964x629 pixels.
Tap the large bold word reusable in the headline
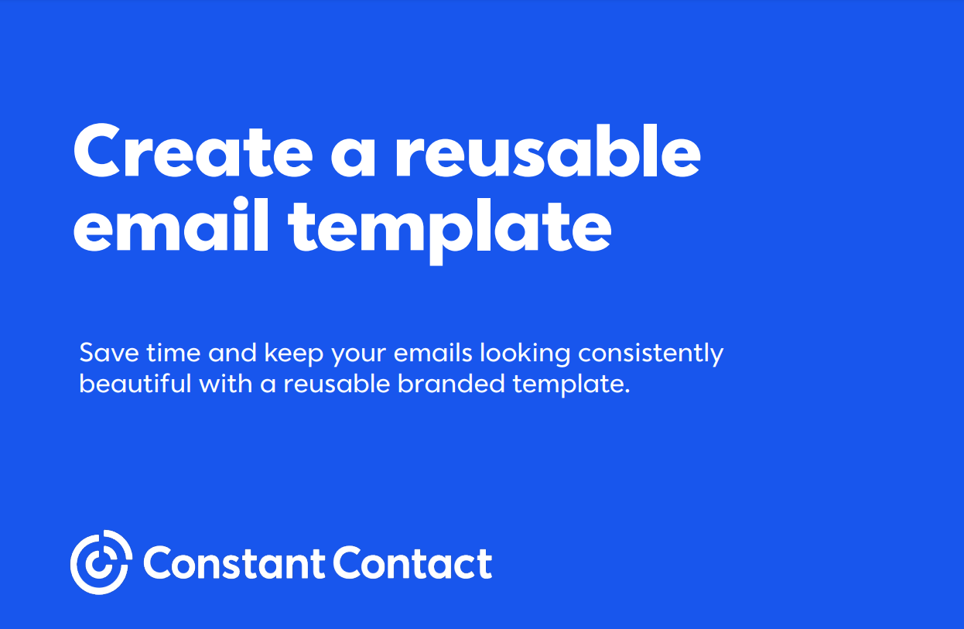coord(549,151)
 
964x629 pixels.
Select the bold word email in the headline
coord(171,224)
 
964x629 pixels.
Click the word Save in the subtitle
coord(109,353)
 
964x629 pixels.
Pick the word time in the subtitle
coord(173,353)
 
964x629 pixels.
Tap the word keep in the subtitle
coord(293,355)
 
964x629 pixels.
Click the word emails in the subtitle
coord(433,353)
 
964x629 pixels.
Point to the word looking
coord(525,355)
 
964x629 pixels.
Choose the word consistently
coord(651,355)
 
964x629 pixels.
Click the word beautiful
coord(135,383)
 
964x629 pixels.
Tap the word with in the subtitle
coord(225,383)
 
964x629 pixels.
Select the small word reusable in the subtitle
coord(337,383)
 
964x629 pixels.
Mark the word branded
coord(451,383)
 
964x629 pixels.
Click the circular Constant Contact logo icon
coord(101,562)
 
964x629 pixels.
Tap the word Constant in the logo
coord(234,562)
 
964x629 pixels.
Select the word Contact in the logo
coord(412,562)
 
